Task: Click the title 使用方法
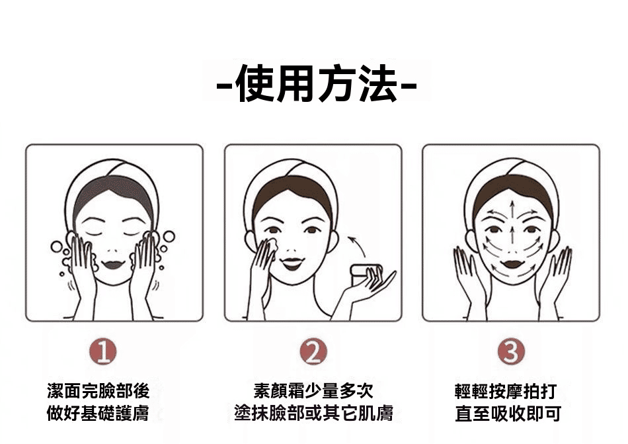317,85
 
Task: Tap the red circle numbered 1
103,352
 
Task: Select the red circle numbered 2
313,352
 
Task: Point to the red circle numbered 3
511,351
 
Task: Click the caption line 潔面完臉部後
98,391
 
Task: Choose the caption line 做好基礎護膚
98,414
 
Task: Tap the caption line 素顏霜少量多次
313,391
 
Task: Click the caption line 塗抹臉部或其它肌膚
313,414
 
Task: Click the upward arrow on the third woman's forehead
512,208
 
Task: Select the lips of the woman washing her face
113,264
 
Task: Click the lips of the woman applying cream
292,263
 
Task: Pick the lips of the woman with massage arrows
512,263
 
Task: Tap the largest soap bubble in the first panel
169,236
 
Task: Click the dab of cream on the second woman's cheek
273,244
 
